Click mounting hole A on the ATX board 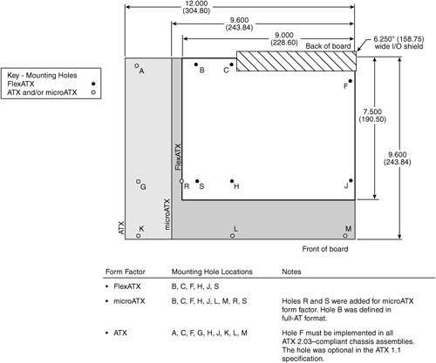(x=136, y=66)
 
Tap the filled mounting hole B (x=196, y=64)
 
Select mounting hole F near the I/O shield (x=351, y=81)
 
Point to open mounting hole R (x=181, y=181)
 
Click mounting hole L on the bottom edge (x=232, y=236)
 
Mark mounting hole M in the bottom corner (x=345, y=236)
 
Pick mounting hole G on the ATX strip (x=139, y=181)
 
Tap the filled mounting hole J (x=351, y=181)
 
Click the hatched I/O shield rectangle (x=296, y=61)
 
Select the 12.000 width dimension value (x=197, y=3)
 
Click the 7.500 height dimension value (x=372, y=111)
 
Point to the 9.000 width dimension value (x=284, y=35)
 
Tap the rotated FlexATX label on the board (x=178, y=157)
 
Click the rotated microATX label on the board (x=167, y=214)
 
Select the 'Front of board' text (x=325, y=249)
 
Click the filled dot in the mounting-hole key (x=93, y=84)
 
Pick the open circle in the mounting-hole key (x=93, y=92)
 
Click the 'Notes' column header (x=291, y=272)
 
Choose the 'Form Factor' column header (x=126, y=272)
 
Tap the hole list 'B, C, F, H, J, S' (x=195, y=286)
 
